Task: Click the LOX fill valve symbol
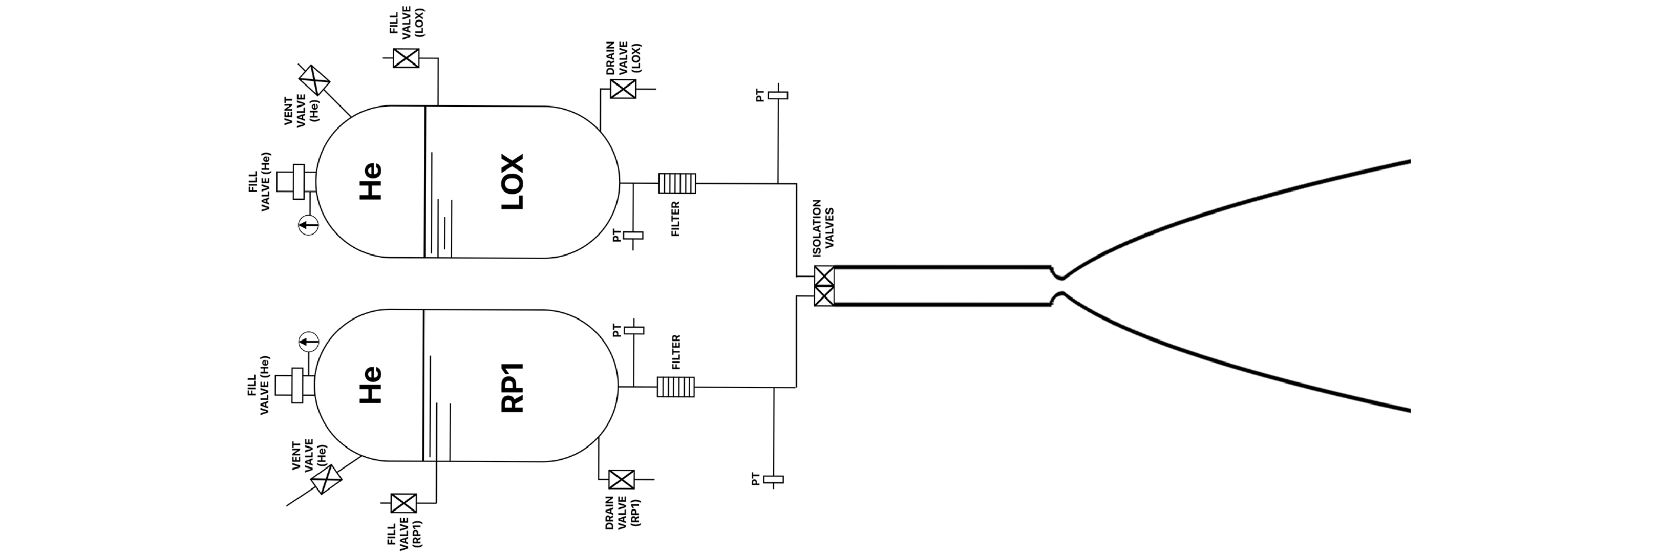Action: [x=406, y=58]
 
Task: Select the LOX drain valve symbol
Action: [x=623, y=89]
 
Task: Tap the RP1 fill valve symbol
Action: [x=404, y=503]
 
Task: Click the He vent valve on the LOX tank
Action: [x=314, y=80]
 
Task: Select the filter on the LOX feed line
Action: [x=677, y=183]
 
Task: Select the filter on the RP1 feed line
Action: [x=675, y=387]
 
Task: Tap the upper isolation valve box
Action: [x=824, y=276]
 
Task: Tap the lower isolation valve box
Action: [x=824, y=296]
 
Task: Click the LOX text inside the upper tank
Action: [x=513, y=182]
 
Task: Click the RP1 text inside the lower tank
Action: [x=513, y=388]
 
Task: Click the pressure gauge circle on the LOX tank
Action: [x=308, y=225]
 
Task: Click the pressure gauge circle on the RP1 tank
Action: [x=308, y=341]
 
